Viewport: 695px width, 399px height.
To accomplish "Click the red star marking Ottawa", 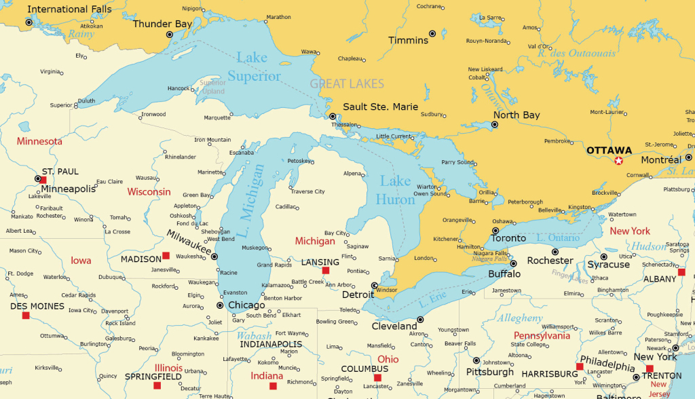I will (618, 161).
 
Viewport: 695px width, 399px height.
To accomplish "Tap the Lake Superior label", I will (253, 67).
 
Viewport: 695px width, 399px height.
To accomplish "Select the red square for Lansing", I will (325, 270).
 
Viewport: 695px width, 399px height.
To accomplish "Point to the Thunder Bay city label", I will (162, 24).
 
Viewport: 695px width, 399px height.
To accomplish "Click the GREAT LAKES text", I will (347, 84).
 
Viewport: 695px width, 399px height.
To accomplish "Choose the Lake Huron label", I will (396, 190).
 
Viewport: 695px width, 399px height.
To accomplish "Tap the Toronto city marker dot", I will (495, 231).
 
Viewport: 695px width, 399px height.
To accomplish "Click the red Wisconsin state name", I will (149, 192).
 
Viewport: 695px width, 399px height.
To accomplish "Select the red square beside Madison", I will (166, 256).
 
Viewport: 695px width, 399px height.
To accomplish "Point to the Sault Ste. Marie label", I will (380, 107).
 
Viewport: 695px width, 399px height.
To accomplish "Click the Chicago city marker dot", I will (219, 305).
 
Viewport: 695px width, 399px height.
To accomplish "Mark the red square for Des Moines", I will (26, 315).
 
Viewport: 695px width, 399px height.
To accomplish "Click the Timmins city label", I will (408, 41).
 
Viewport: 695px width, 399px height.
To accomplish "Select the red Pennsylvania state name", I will (542, 336).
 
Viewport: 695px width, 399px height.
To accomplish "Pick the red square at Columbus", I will (377, 378).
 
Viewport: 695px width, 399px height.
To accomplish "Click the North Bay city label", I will (516, 115).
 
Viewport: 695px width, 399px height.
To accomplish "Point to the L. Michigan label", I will (249, 193).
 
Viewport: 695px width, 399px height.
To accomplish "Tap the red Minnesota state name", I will (39, 142).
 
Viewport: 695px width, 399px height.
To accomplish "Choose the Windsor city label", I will (386, 290).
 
